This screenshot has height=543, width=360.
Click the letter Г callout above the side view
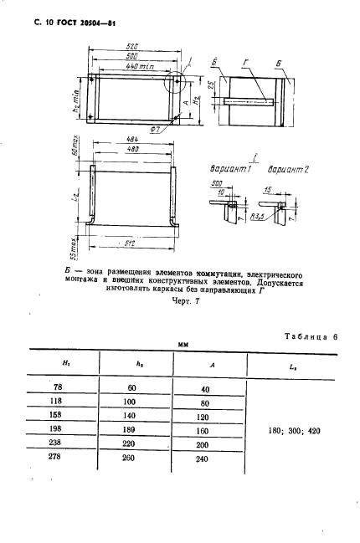243,62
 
